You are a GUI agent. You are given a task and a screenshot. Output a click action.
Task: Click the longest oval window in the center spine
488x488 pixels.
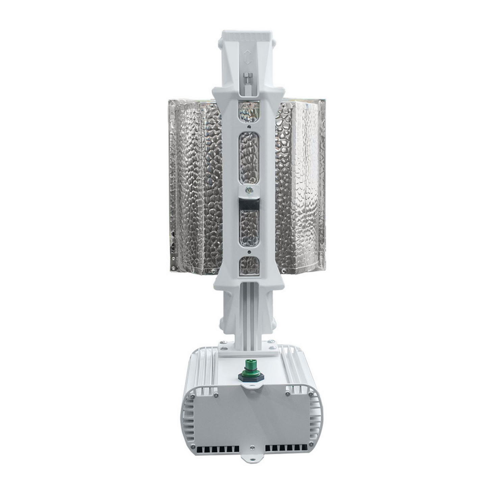[x=249, y=157]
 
